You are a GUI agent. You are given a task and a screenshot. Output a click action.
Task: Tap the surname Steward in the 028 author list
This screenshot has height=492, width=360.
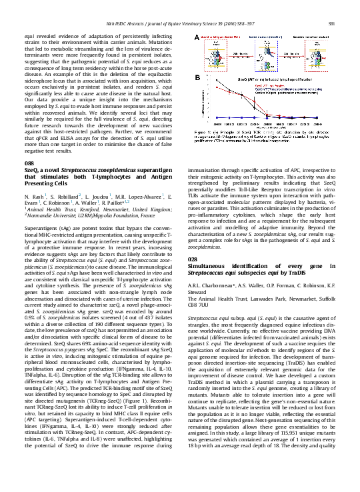199,310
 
